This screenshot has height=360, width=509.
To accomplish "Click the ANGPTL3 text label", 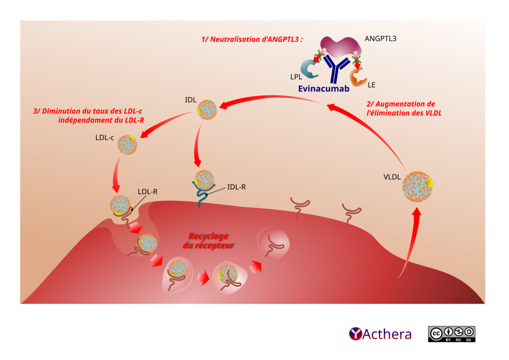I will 380,39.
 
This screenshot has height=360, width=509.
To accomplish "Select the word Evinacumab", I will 324,89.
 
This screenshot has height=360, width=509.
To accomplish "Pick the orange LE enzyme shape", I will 357,77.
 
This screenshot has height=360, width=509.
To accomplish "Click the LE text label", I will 372,85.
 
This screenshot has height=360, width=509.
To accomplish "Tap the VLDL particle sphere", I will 417,185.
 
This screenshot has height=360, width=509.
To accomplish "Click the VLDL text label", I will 392,177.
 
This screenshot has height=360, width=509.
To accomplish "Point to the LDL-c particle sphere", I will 127,145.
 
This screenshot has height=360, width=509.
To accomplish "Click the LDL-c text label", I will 104,137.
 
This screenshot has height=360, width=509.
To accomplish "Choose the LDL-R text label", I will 148,191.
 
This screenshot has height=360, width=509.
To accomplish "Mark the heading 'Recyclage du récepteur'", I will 208,241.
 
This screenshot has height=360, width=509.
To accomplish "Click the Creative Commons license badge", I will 451,334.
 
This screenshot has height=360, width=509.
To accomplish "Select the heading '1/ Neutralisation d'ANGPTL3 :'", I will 252,39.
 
